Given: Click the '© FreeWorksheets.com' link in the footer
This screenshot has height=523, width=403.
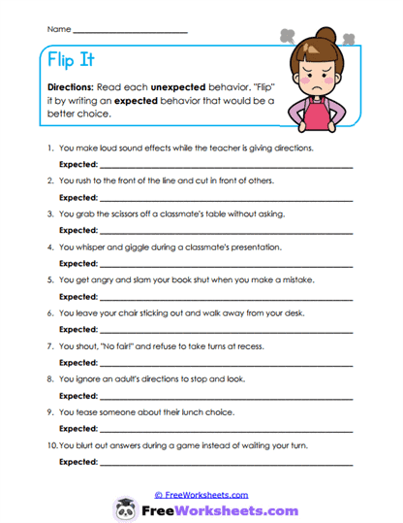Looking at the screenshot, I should point(201,494).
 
